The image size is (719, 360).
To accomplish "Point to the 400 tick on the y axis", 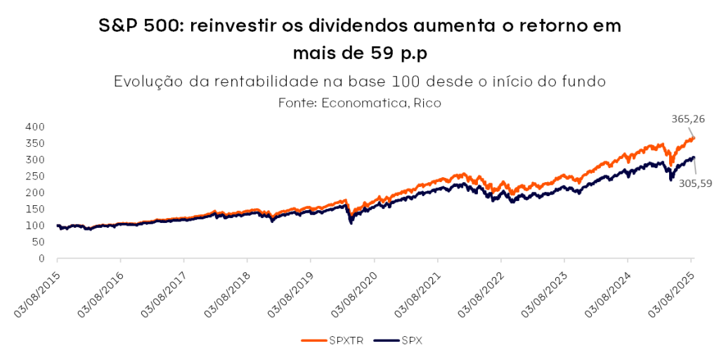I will click(x=36, y=127).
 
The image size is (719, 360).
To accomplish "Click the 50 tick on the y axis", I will click(x=39, y=242).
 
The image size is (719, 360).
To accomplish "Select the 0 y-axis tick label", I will click(x=42, y=259).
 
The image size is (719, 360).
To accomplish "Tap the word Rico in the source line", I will click(x=427, y=103).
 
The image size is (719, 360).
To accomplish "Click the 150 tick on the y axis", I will click(x=36, y=209).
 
